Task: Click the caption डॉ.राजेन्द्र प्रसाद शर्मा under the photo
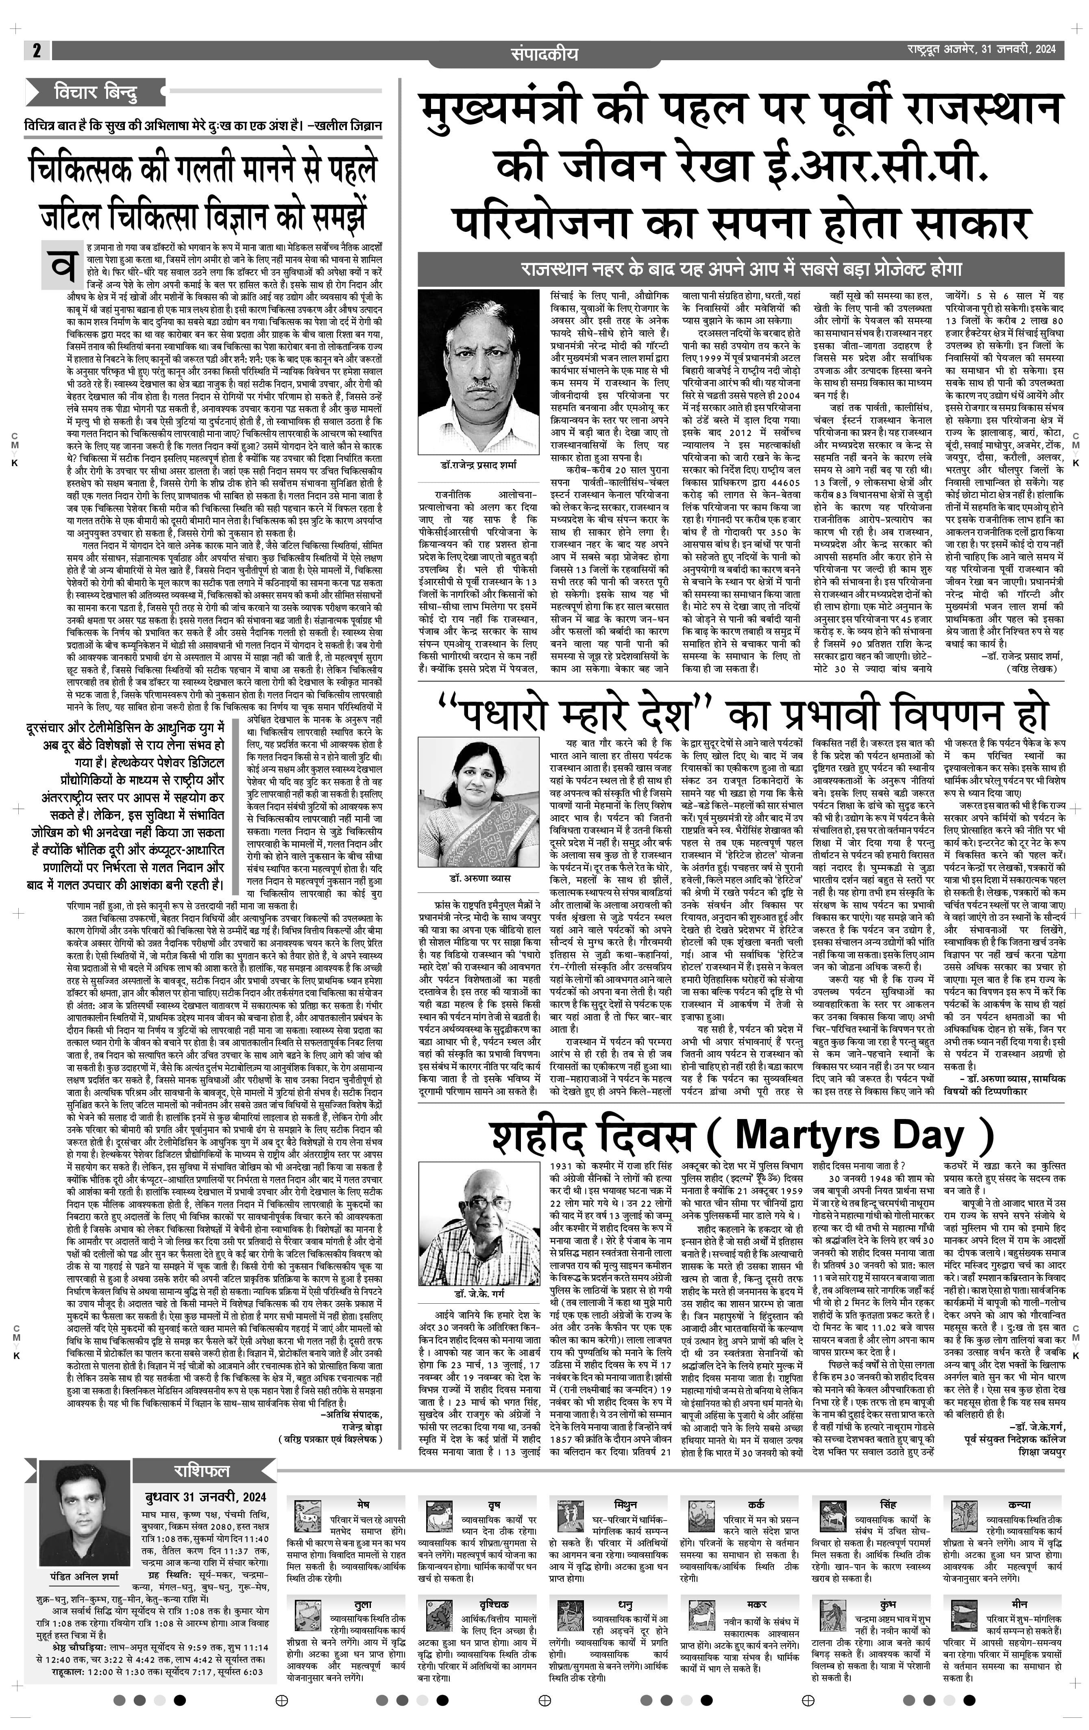click(478, 465)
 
